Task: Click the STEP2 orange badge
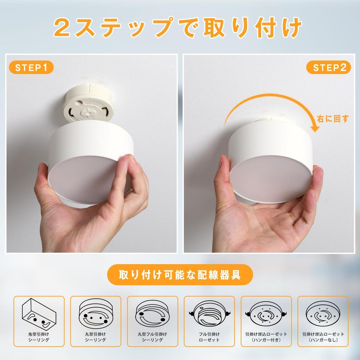click(329, 67)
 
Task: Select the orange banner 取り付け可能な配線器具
click(180, 274)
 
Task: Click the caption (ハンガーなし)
click(323, 340)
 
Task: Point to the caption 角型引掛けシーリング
click(39, 337)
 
